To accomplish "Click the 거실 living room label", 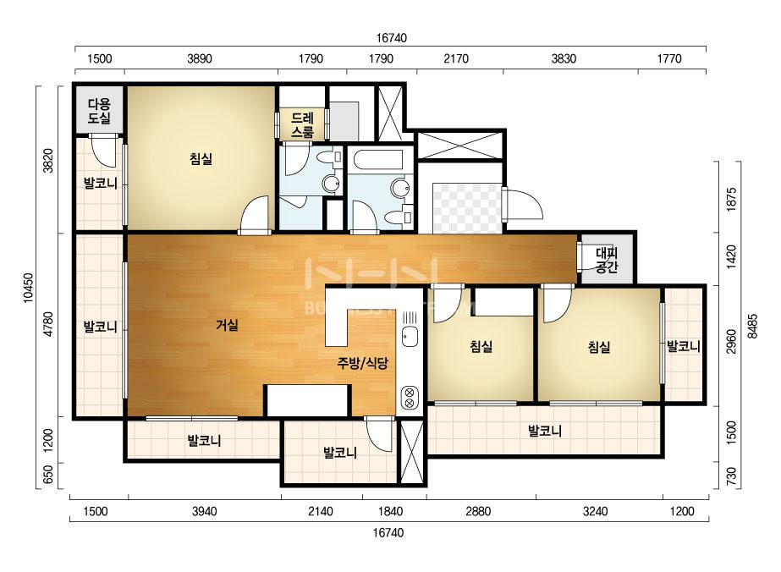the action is (x=227, y=325).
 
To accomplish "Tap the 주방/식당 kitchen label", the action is (x=362, y=363).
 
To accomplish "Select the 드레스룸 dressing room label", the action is (x=302, y=125).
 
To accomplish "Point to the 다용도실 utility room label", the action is (x=99, y=111).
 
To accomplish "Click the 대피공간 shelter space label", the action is (x=607, y=260).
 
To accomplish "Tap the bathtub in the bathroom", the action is (x=377, y=160).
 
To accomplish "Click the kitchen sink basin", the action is (x=410, y=338).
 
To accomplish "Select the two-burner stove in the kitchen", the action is (x=410, y=397).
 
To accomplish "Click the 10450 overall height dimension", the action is (x=29, y=288).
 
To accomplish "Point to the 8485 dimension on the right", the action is (x=752, y=327).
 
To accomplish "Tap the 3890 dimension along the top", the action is (x=199, y=58).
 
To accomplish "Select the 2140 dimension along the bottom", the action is (x=321, y=511).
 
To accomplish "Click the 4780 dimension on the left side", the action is (x=48, y=324).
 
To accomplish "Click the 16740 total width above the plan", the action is (x=391, y=38).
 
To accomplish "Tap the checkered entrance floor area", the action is (x=467, y=208).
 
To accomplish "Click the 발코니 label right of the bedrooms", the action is (x=684, y=346).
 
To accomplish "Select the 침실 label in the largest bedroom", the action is (x=201, y=159).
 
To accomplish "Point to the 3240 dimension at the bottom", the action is (x=595, y=511).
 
